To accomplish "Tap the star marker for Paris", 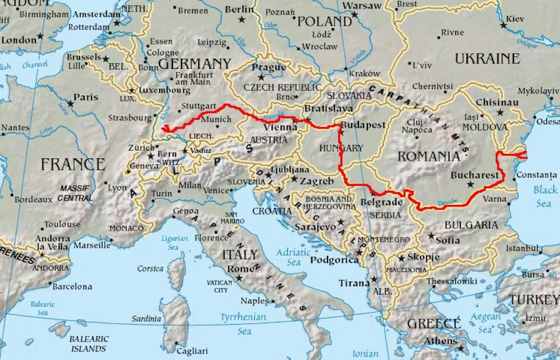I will click(71, 103).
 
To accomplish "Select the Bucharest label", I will click(474, 175).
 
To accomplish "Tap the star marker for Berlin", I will click(242, 19).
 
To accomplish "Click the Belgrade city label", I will click(382, 202).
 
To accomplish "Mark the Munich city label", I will click(216, 119).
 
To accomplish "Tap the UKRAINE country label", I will click(487, 58).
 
